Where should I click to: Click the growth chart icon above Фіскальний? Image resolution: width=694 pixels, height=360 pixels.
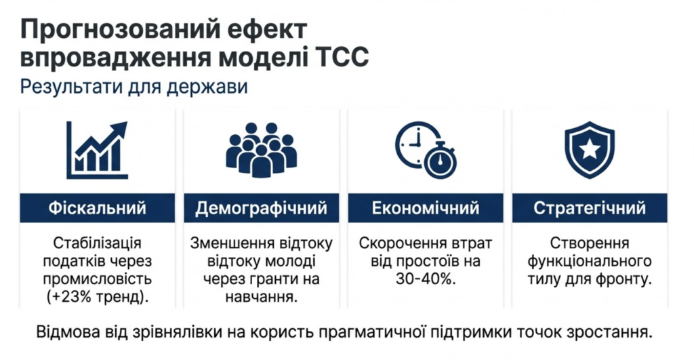(97, 150)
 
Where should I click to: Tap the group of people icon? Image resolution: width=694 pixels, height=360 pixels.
(261, 150)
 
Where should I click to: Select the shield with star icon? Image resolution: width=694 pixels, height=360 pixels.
(590, 150)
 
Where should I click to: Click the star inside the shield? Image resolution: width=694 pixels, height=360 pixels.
(590, 149)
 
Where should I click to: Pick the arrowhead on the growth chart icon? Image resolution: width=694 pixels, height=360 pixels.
(119, 130)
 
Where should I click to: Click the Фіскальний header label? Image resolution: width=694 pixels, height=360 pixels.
(98, 207)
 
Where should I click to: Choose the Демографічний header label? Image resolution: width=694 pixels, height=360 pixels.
(261, 207)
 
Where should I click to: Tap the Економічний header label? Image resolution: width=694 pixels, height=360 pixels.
(426, 207)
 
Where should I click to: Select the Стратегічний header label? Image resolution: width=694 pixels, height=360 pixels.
(590, 207)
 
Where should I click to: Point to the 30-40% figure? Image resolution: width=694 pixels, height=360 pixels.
(426, 279)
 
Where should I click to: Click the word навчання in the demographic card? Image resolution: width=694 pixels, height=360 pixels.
(261, 297)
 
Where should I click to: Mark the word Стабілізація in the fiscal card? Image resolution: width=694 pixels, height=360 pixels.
(98, 243)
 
